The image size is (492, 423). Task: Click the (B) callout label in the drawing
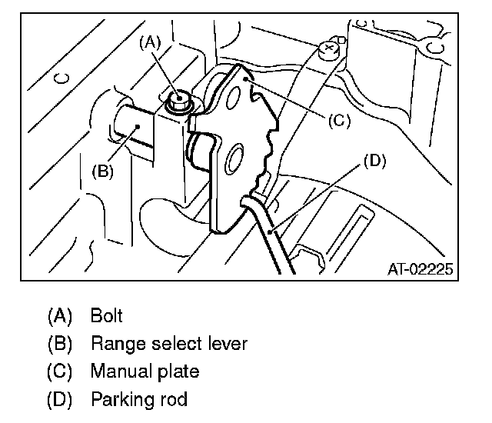(102, 172)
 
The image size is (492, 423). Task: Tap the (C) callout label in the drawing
(338, 120)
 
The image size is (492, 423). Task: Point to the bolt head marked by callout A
(179, 98)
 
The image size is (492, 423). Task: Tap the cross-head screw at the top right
(330, 48)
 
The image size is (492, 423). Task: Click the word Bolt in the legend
(106, 315)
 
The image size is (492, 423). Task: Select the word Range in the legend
(113, 344)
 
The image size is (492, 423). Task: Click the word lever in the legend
(228, 344)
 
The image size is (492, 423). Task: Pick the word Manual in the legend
(117, 371)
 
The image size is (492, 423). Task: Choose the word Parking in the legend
(120, 401)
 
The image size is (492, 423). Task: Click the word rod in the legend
(174, 400)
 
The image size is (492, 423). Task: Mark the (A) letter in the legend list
(59, 316)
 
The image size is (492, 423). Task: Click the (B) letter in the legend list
(59, 344)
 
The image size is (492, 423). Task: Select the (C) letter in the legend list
(59, 372)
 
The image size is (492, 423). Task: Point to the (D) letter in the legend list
(59, 401)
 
